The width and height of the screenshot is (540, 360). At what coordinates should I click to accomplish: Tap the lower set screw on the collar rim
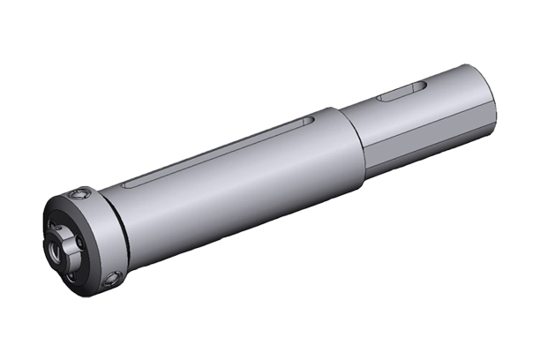[112, 281]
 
